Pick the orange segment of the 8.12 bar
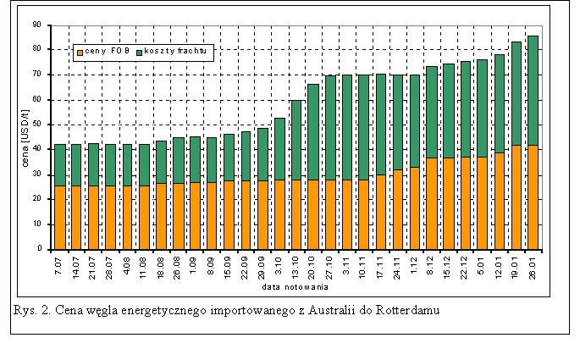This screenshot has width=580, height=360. [431, 203]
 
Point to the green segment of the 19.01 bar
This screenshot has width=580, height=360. [516, 93]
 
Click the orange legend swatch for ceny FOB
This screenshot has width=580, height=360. [80, 51]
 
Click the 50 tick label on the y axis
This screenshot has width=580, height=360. [39, 125]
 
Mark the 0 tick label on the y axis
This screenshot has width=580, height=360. [41, 250]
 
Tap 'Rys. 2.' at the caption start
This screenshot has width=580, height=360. [31, 309]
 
